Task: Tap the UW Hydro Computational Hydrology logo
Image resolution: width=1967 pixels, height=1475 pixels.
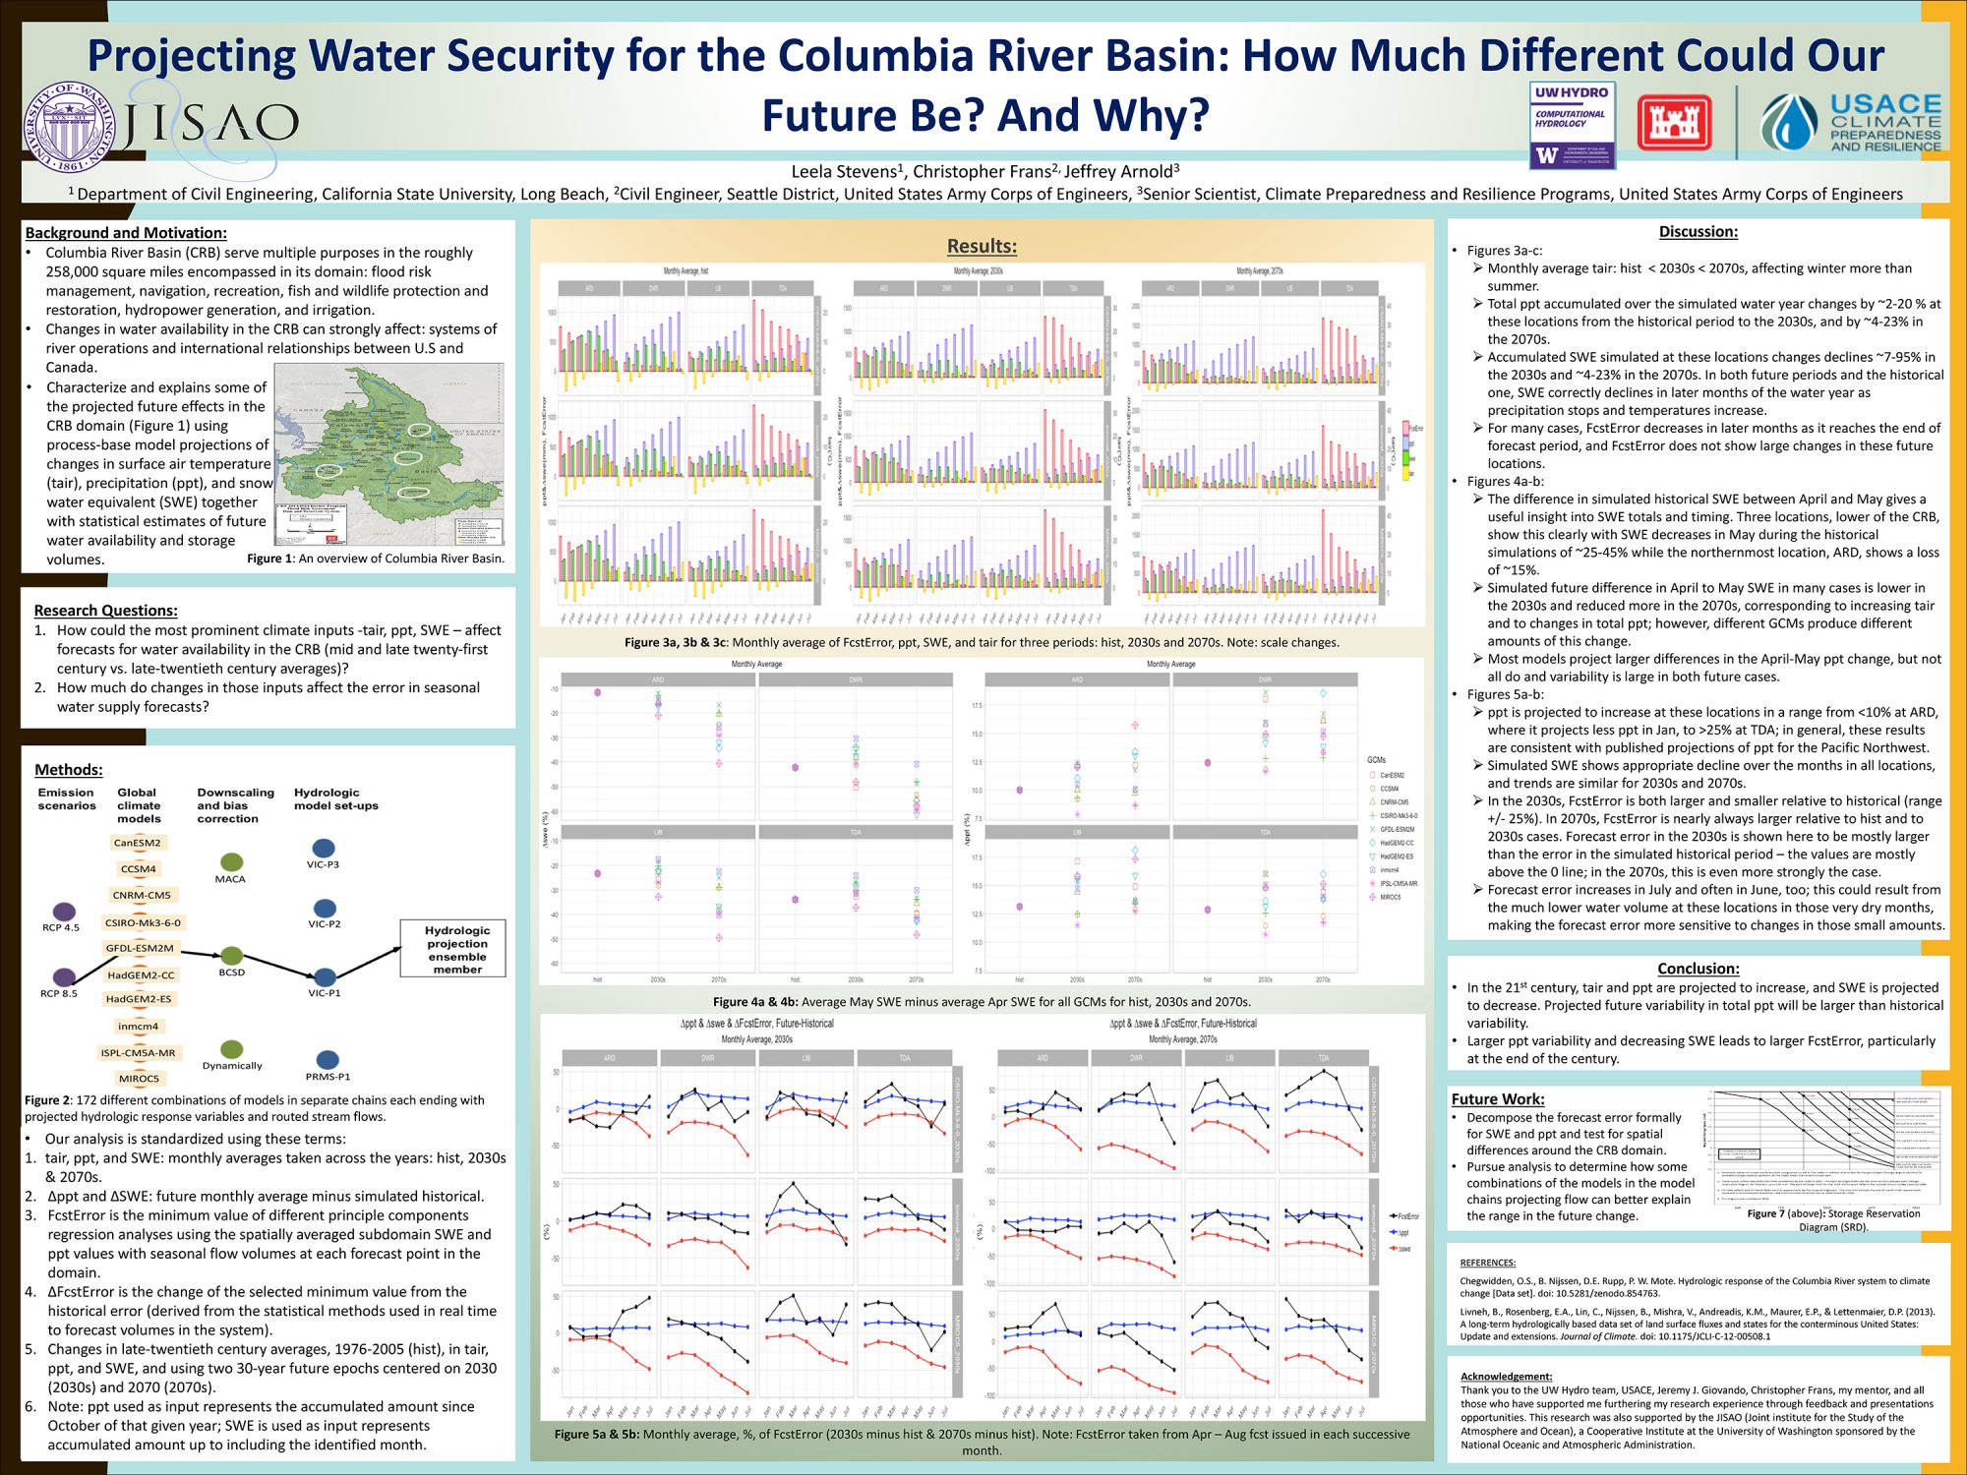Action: point(1573,125)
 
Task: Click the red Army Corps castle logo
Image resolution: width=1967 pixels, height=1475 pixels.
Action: point(1674,123)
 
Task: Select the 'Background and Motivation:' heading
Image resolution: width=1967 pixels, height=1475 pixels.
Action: point(126,233)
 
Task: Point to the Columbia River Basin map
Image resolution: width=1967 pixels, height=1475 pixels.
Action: point(388,454)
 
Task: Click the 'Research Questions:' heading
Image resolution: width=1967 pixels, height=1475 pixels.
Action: point(105,611)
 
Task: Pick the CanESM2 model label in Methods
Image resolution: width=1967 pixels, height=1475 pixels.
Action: point(137,843)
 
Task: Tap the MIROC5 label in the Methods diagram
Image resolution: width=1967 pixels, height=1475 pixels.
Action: point(139,1079)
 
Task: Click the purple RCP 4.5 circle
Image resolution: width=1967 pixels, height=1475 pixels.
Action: point(64,912)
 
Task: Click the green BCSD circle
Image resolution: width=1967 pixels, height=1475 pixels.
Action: point(232,956)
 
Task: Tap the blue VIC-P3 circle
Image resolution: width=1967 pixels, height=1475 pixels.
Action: point(324,848)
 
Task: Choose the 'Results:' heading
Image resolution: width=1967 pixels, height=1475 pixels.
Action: point(982,246)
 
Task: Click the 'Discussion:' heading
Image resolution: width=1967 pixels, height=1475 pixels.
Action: point(1698,232)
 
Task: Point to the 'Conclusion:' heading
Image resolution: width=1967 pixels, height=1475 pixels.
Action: point(1698,969)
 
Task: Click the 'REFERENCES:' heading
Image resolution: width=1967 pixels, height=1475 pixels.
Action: point(1487,1263)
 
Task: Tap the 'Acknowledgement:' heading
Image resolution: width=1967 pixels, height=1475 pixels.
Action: point(1506,1377)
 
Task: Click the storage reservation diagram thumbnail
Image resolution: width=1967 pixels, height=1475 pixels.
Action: point(1825,1147)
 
